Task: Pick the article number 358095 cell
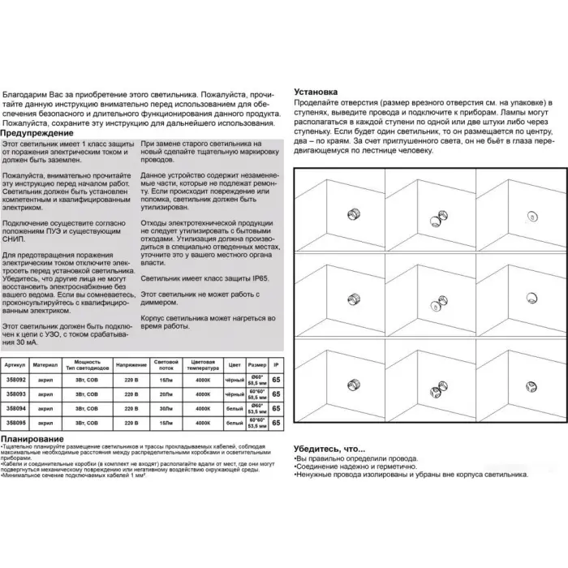pyautogui.click(x=16, y=422)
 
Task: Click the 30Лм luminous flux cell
pyautogui.click(x=166, y=407)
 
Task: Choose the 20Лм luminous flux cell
pyautogui.click(x=166, y=393)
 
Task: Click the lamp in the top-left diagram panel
pyautogui.click(x=352, y=214)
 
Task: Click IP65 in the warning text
pyautogui.click(x=256, y=277)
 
